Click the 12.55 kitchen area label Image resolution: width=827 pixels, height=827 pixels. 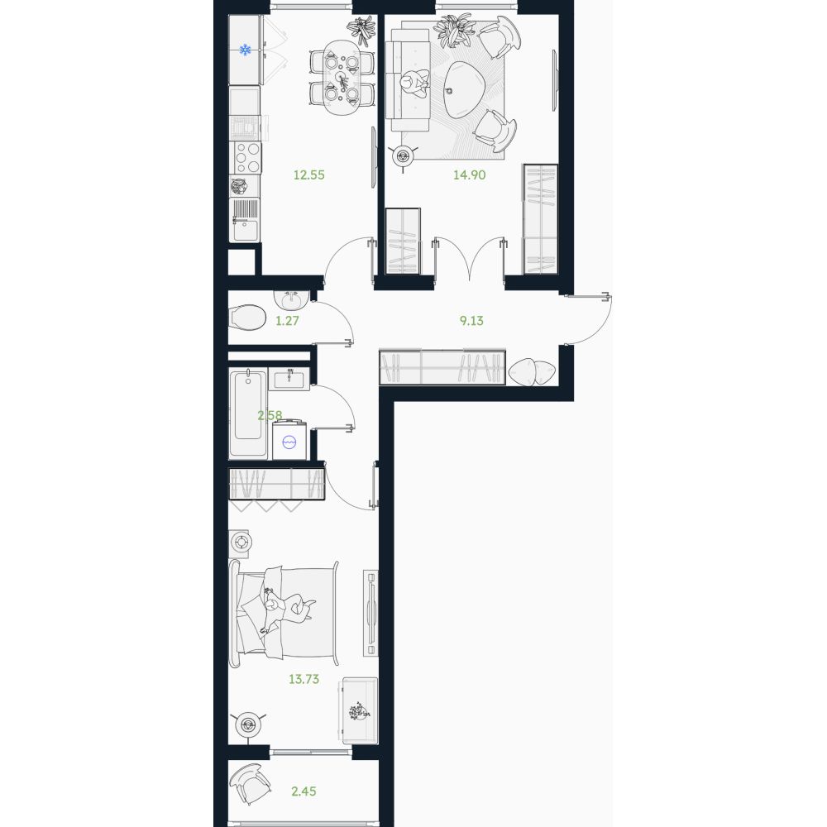coord(309,174)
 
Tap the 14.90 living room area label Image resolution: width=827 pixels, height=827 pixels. coord(470,174)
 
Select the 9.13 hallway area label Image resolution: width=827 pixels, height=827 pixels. coord(471,321)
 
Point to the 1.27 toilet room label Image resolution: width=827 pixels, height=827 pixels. coord(288,321)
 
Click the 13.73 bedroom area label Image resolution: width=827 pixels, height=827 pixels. coord(304,679)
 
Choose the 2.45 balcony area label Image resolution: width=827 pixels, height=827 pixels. coord(304,791)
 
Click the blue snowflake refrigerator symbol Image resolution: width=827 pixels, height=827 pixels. coord(245,50)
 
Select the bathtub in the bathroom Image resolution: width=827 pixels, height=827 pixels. coord(248,413)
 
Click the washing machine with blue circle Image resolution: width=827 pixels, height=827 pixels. coord(289,441)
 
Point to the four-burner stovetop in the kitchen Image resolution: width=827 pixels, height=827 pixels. coord(247,157)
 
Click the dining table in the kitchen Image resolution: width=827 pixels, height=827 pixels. coord(342,78)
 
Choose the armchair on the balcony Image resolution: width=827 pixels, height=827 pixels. coord(250,782)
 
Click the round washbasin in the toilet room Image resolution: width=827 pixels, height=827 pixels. coord(290,301)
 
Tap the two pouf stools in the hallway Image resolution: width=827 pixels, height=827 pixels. coord(532,371)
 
